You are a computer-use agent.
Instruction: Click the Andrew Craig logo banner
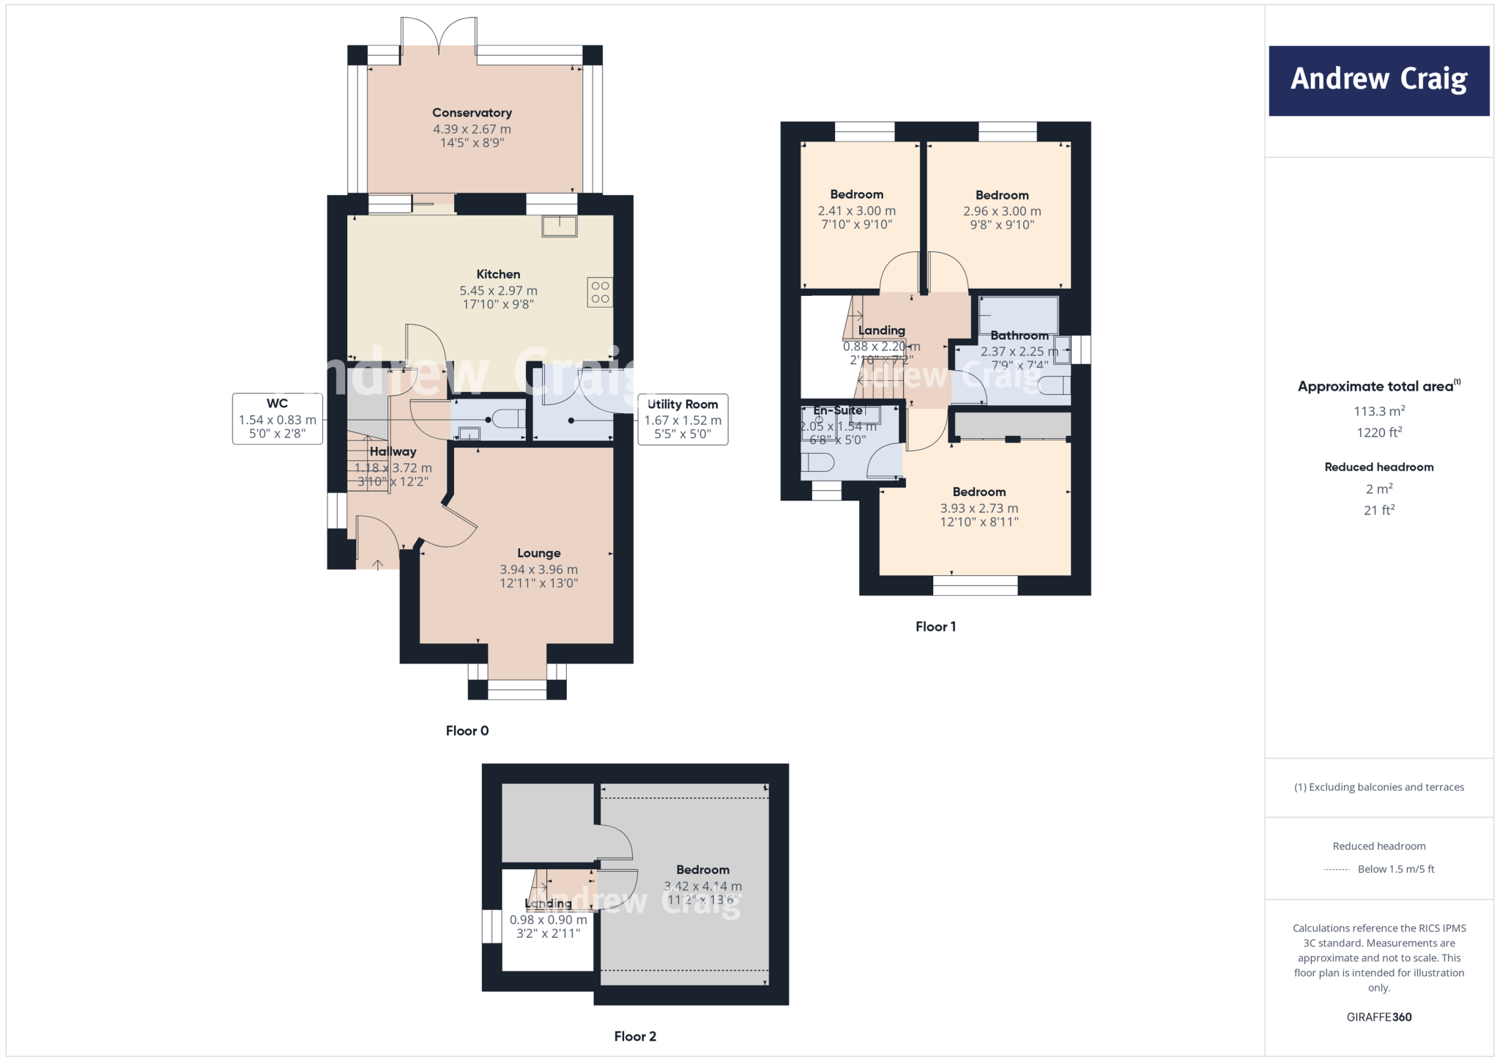1378,81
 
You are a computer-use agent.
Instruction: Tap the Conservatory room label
472,113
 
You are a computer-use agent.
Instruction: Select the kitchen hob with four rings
600,292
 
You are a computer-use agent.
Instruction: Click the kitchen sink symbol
560,226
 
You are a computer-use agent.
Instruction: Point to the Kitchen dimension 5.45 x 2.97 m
498,291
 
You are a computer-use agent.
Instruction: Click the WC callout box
278,419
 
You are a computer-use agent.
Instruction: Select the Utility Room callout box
683,419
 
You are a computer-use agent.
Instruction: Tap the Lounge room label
538,553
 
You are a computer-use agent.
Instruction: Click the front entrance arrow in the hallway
378,564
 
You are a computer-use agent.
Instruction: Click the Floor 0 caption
467,731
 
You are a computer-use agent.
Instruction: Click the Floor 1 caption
935,626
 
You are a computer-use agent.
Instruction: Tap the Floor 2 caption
635,1036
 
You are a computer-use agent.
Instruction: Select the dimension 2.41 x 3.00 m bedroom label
856,211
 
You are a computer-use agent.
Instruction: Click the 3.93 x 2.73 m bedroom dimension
979,509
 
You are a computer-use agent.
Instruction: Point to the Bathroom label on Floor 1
1019,336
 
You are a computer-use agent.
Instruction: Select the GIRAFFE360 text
1378,1017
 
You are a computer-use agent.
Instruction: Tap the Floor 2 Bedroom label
702,870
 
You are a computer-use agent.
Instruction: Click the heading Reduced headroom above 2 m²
1378,467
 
